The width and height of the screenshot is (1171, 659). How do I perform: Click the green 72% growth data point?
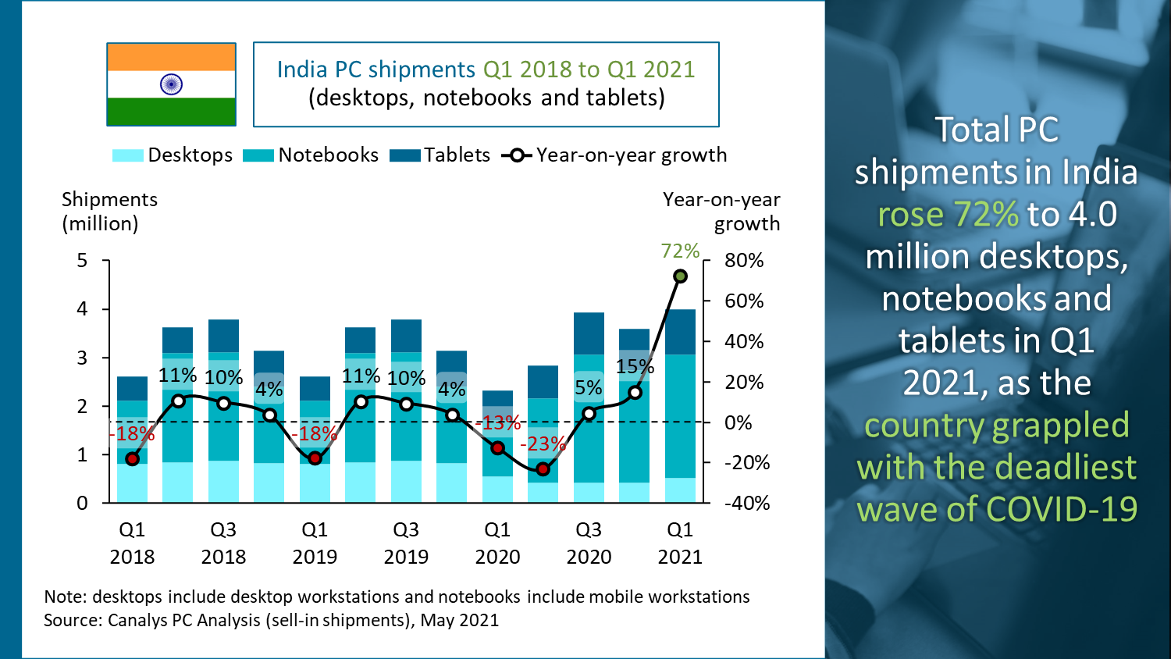pos(680,276)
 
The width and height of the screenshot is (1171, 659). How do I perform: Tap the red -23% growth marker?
pos(543,469)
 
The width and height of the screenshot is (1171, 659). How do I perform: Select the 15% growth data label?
pos(635,366)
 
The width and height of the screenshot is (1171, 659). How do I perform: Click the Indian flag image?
pos(171,84)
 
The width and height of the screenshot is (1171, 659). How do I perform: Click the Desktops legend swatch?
pos(127,155)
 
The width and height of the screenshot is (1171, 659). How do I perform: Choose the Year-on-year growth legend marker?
pos(517,155)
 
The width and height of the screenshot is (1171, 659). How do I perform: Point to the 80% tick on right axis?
pos(743,261)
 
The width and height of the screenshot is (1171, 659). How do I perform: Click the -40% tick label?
pos(747,504)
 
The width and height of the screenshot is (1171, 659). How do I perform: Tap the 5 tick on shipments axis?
pos(82,261)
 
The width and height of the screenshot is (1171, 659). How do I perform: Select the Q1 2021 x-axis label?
pos(680,543)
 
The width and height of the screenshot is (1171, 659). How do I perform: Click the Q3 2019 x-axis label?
pos(406,543)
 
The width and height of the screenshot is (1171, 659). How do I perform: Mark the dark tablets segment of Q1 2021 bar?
pos(680,332)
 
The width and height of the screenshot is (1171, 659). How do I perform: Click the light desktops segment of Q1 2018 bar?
pos(132,483)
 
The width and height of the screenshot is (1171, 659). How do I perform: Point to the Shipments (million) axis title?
pos(109,212)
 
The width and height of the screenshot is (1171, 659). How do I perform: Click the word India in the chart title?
pos(302,69)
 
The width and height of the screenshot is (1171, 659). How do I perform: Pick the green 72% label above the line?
pos(680,251)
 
